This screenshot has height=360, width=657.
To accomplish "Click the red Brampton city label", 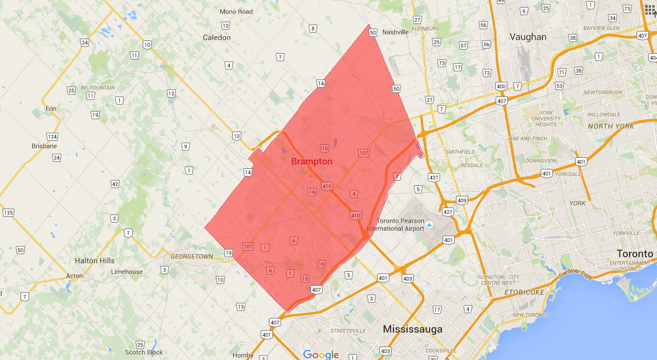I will coord(312,161).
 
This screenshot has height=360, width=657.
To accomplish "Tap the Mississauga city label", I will coord(413,330).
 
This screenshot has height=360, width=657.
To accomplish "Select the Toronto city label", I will coord(635,254).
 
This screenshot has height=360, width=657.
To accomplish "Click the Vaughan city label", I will coord(528,37).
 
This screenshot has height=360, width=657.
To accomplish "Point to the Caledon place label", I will coord(217,37).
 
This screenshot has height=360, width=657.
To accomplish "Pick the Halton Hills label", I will coord(95,261).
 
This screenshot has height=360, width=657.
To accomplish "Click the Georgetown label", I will coord(192,257).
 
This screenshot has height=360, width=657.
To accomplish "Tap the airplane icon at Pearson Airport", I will coord(430,224).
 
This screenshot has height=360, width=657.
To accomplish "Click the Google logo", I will coord(321,354).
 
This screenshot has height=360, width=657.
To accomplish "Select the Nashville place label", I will coord(395,32).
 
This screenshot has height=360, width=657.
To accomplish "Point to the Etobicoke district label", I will coord(524,292).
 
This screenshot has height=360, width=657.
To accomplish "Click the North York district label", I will coord(611,126).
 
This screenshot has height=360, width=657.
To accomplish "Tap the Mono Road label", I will coord(236,12).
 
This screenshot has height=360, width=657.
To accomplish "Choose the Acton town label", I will coord(74,276).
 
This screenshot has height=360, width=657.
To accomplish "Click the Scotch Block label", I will coord(144,352).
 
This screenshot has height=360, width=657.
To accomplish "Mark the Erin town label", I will coord(51,109).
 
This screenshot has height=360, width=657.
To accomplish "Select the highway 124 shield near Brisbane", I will coord(52,137).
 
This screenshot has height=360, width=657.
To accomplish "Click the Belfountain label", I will coord(98,88).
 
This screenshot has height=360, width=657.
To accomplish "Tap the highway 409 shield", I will coord(462,200).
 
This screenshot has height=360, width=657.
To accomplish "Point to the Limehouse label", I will coord(127,272).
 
